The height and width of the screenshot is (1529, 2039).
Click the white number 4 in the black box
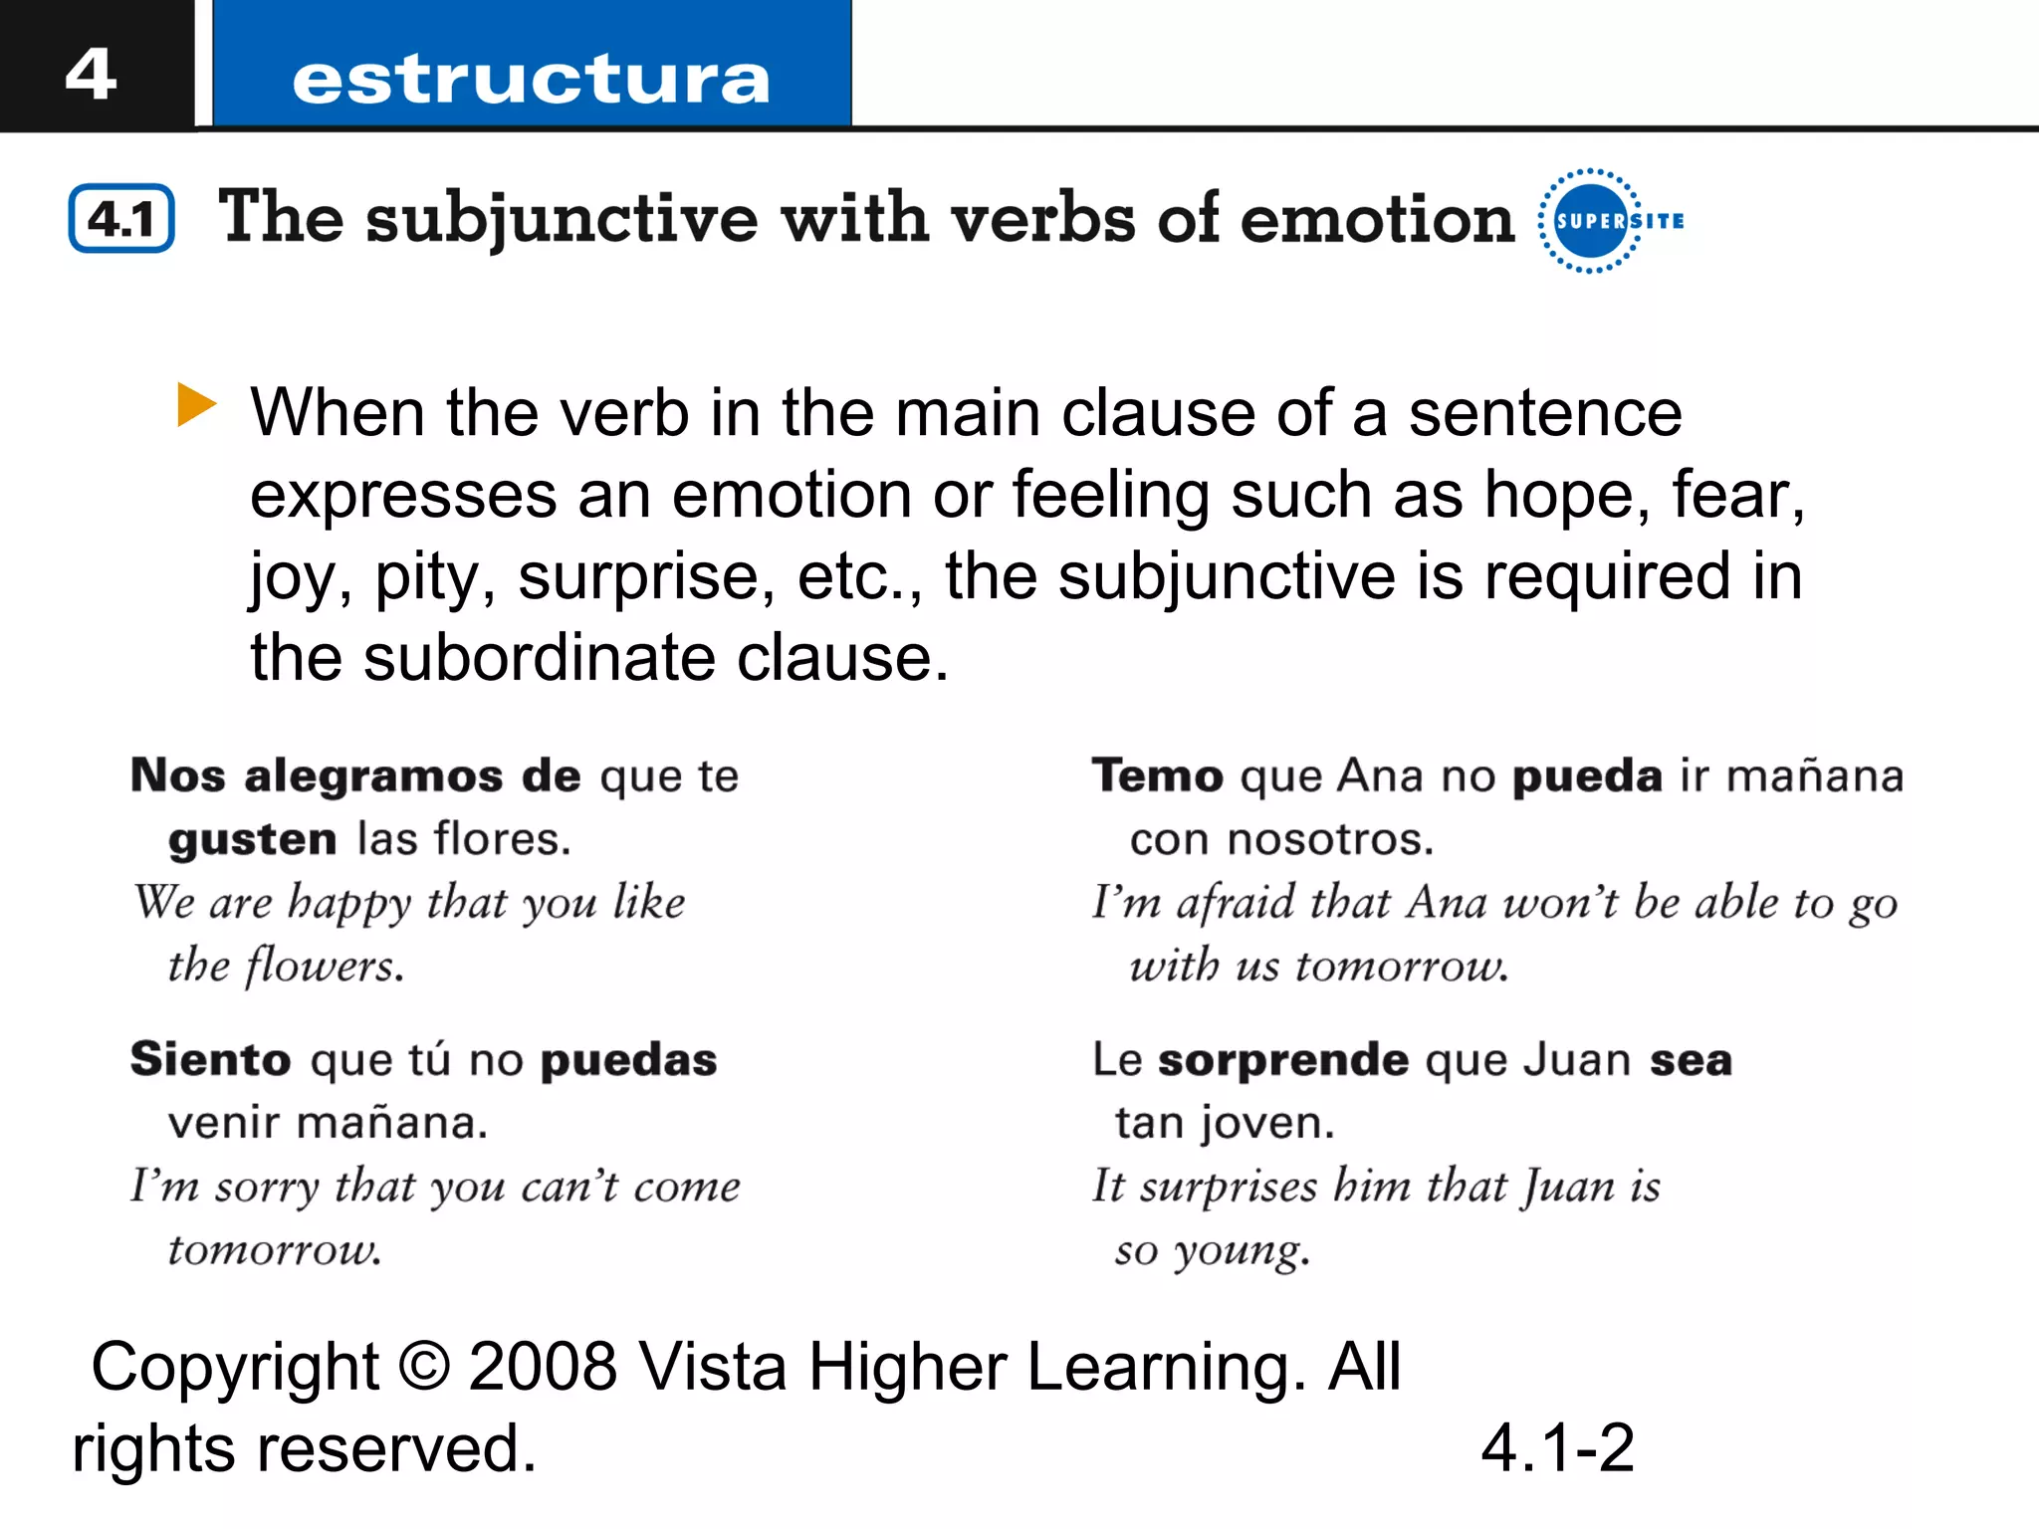[91, 74]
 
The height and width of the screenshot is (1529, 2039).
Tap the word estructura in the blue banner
[531, 80]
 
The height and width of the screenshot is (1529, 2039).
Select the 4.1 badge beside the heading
[121, 218]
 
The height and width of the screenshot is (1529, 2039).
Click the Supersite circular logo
[1592, 220]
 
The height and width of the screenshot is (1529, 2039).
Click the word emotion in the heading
[1377, 218]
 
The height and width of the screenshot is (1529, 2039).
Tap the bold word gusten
[253, 840]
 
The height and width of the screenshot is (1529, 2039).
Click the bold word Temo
[1157, 775]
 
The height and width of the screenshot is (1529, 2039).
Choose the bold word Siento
[210, 1059]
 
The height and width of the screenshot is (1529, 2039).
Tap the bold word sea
[1691, 1060]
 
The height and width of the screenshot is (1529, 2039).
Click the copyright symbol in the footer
[424, 1366]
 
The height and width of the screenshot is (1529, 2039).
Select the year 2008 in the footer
[543, 1366]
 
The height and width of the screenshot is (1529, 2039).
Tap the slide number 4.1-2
[1557, 1447]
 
